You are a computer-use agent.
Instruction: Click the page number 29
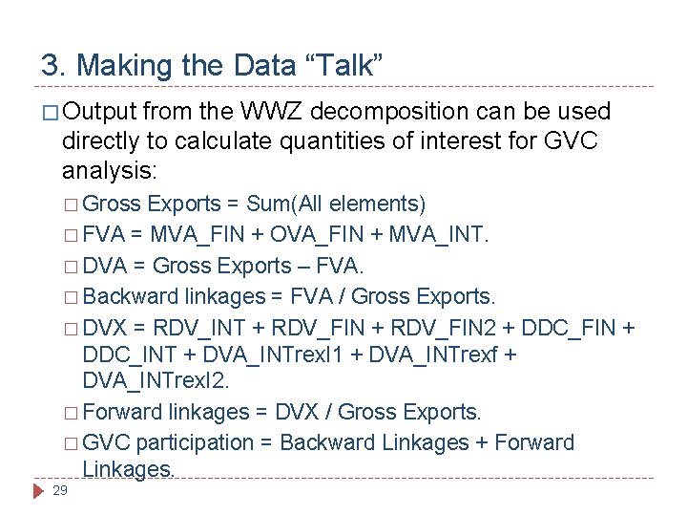[59, 490]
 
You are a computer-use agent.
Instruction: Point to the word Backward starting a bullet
[124, 295]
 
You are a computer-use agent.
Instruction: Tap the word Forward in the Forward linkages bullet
[122, 413]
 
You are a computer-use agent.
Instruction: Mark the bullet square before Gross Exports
[73, 204]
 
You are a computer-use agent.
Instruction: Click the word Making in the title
[118, 66]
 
